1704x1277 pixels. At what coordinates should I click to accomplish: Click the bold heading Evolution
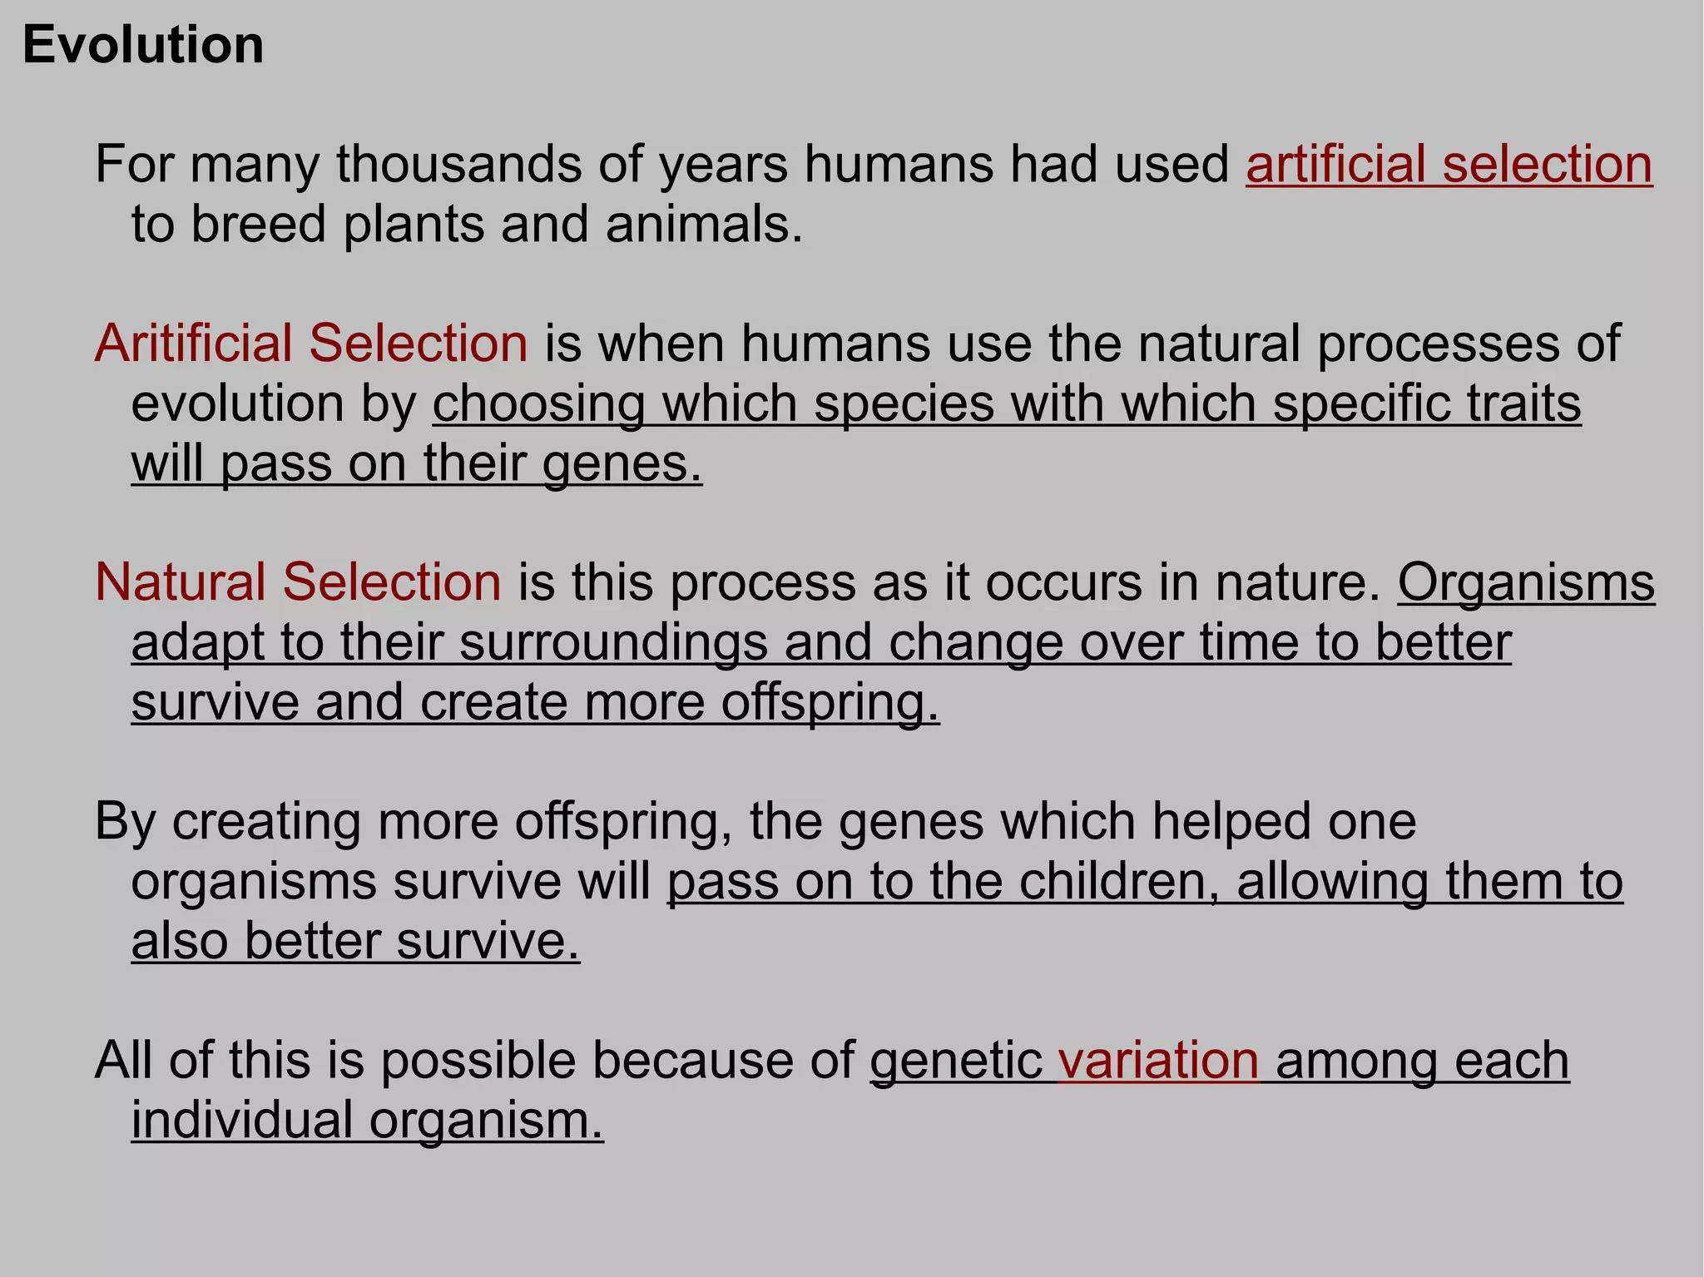(143, 45)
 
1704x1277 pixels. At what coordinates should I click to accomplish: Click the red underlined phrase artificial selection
(1449, 164)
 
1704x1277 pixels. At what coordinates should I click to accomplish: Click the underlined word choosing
(539, 404)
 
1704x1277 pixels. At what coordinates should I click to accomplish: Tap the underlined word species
(904, 404)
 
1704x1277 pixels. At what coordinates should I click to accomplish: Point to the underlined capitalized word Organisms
(1526, 582)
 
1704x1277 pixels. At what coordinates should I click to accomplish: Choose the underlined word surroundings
(613, 642)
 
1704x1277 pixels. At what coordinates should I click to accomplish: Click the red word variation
(1158, 1060)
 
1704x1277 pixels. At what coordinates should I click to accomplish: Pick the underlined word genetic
(956, 1061)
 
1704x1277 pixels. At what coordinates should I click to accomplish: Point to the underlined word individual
(242, 1120)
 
